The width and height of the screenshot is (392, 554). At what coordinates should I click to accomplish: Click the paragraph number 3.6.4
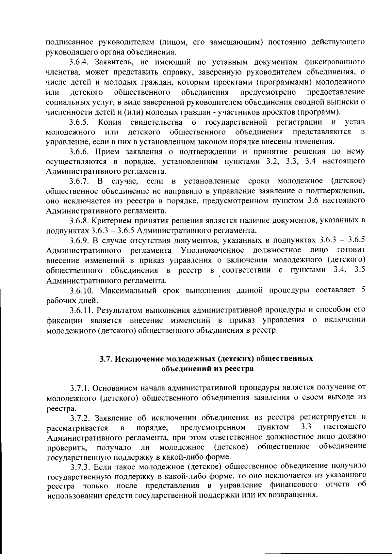(80, 62)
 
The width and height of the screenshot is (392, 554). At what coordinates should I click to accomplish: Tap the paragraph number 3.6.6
(80, 151)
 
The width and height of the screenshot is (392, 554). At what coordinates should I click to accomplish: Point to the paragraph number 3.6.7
(80, 181)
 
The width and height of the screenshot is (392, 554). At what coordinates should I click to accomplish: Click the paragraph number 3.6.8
(80, 221)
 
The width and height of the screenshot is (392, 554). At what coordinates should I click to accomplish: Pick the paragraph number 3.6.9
(80, 241)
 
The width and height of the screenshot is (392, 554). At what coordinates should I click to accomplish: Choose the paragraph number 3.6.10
(82, 291)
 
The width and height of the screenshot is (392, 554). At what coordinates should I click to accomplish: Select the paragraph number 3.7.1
(80, 388)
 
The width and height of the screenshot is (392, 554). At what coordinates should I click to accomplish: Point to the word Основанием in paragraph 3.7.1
(115, 388)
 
